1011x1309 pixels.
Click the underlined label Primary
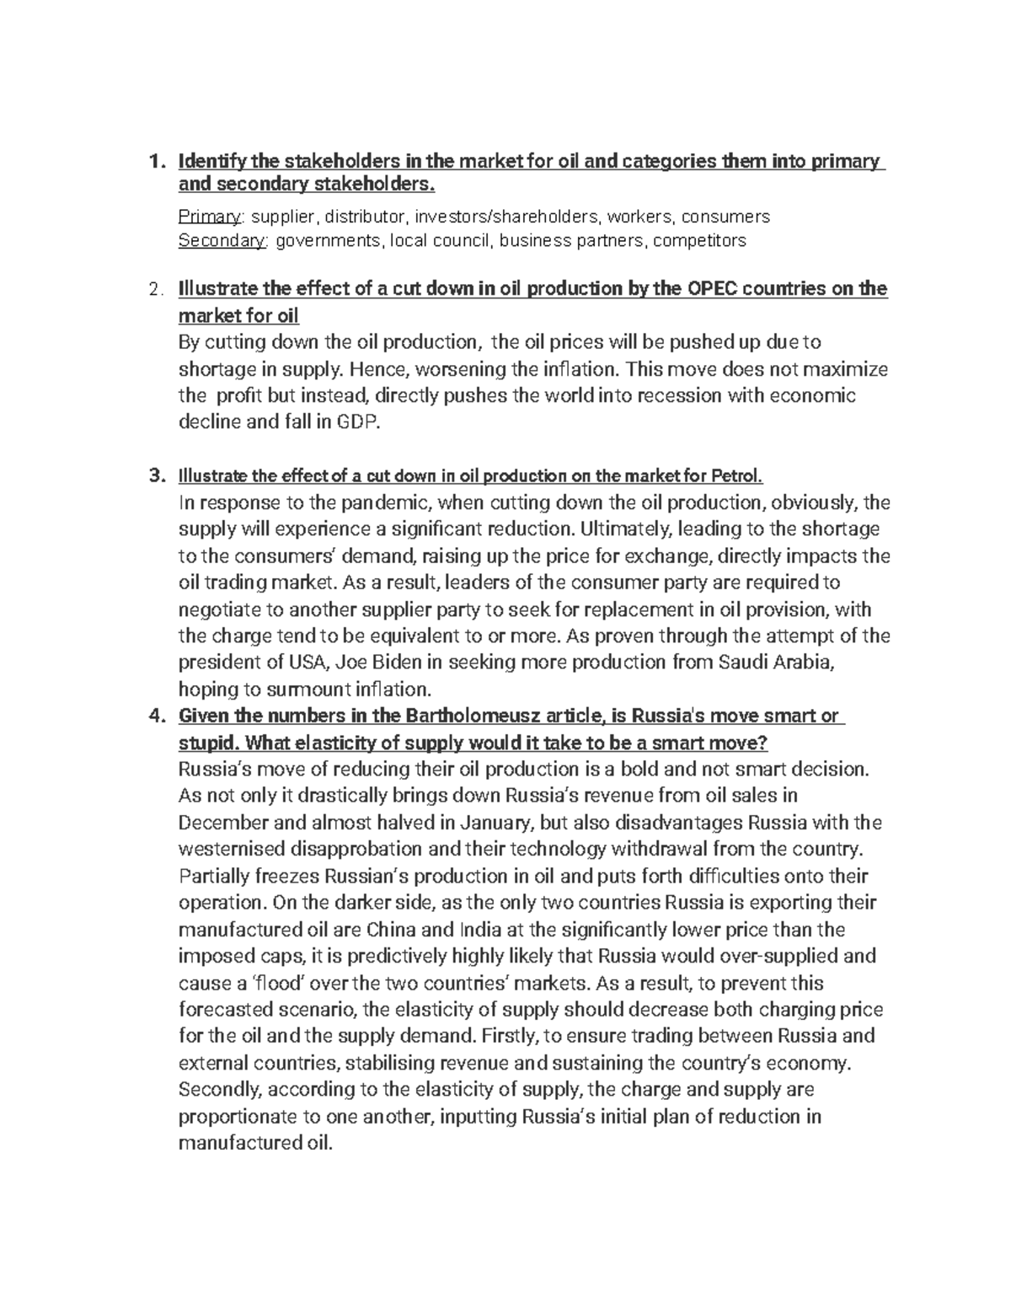tap(209, 217)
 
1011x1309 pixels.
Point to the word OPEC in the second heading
tap(717, 289)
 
